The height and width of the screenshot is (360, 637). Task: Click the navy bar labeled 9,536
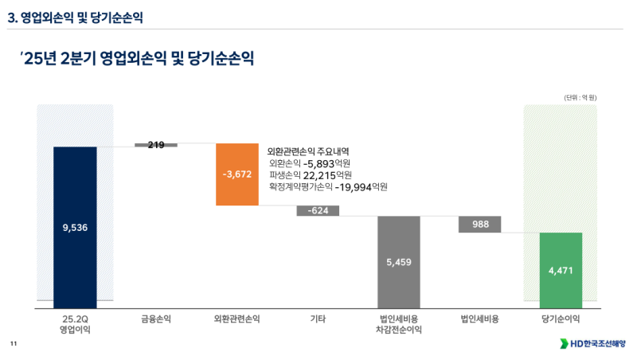(x=75, y=227)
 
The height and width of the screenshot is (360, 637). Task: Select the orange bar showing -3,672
(x=237, y=174)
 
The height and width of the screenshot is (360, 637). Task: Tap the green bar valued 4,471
(x=561, y=270)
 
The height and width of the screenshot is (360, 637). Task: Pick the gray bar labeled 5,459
(x=399, y=261)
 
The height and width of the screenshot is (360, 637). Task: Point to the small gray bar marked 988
(x=480, y=225)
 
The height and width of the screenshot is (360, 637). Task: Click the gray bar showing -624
(x=318, y=211)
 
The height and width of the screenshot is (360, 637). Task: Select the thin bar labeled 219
(x=156, y=145)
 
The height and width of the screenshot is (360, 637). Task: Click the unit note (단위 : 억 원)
(x=580, y=97)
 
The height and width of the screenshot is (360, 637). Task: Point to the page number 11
(x=13, y=343)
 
